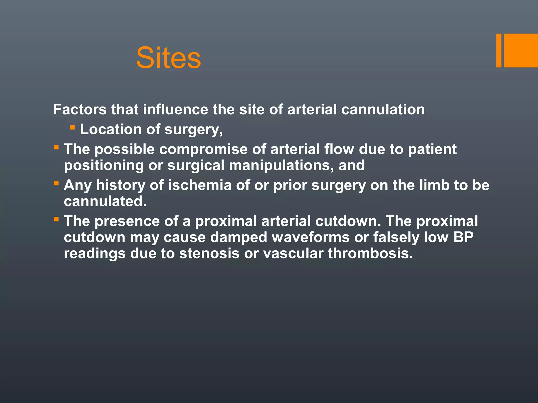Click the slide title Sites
tap(168, 58)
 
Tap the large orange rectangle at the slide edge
tap(521, 51)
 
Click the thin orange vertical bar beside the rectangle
tap(499, 51)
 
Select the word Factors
tap(80, 109)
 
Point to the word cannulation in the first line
tap(383, 109)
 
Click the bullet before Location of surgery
tap(73, 128)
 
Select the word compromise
tap(203, 149)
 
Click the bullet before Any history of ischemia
tap(56, 183)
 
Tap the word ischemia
tap(200, 185)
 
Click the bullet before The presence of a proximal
tap(56, 219)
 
